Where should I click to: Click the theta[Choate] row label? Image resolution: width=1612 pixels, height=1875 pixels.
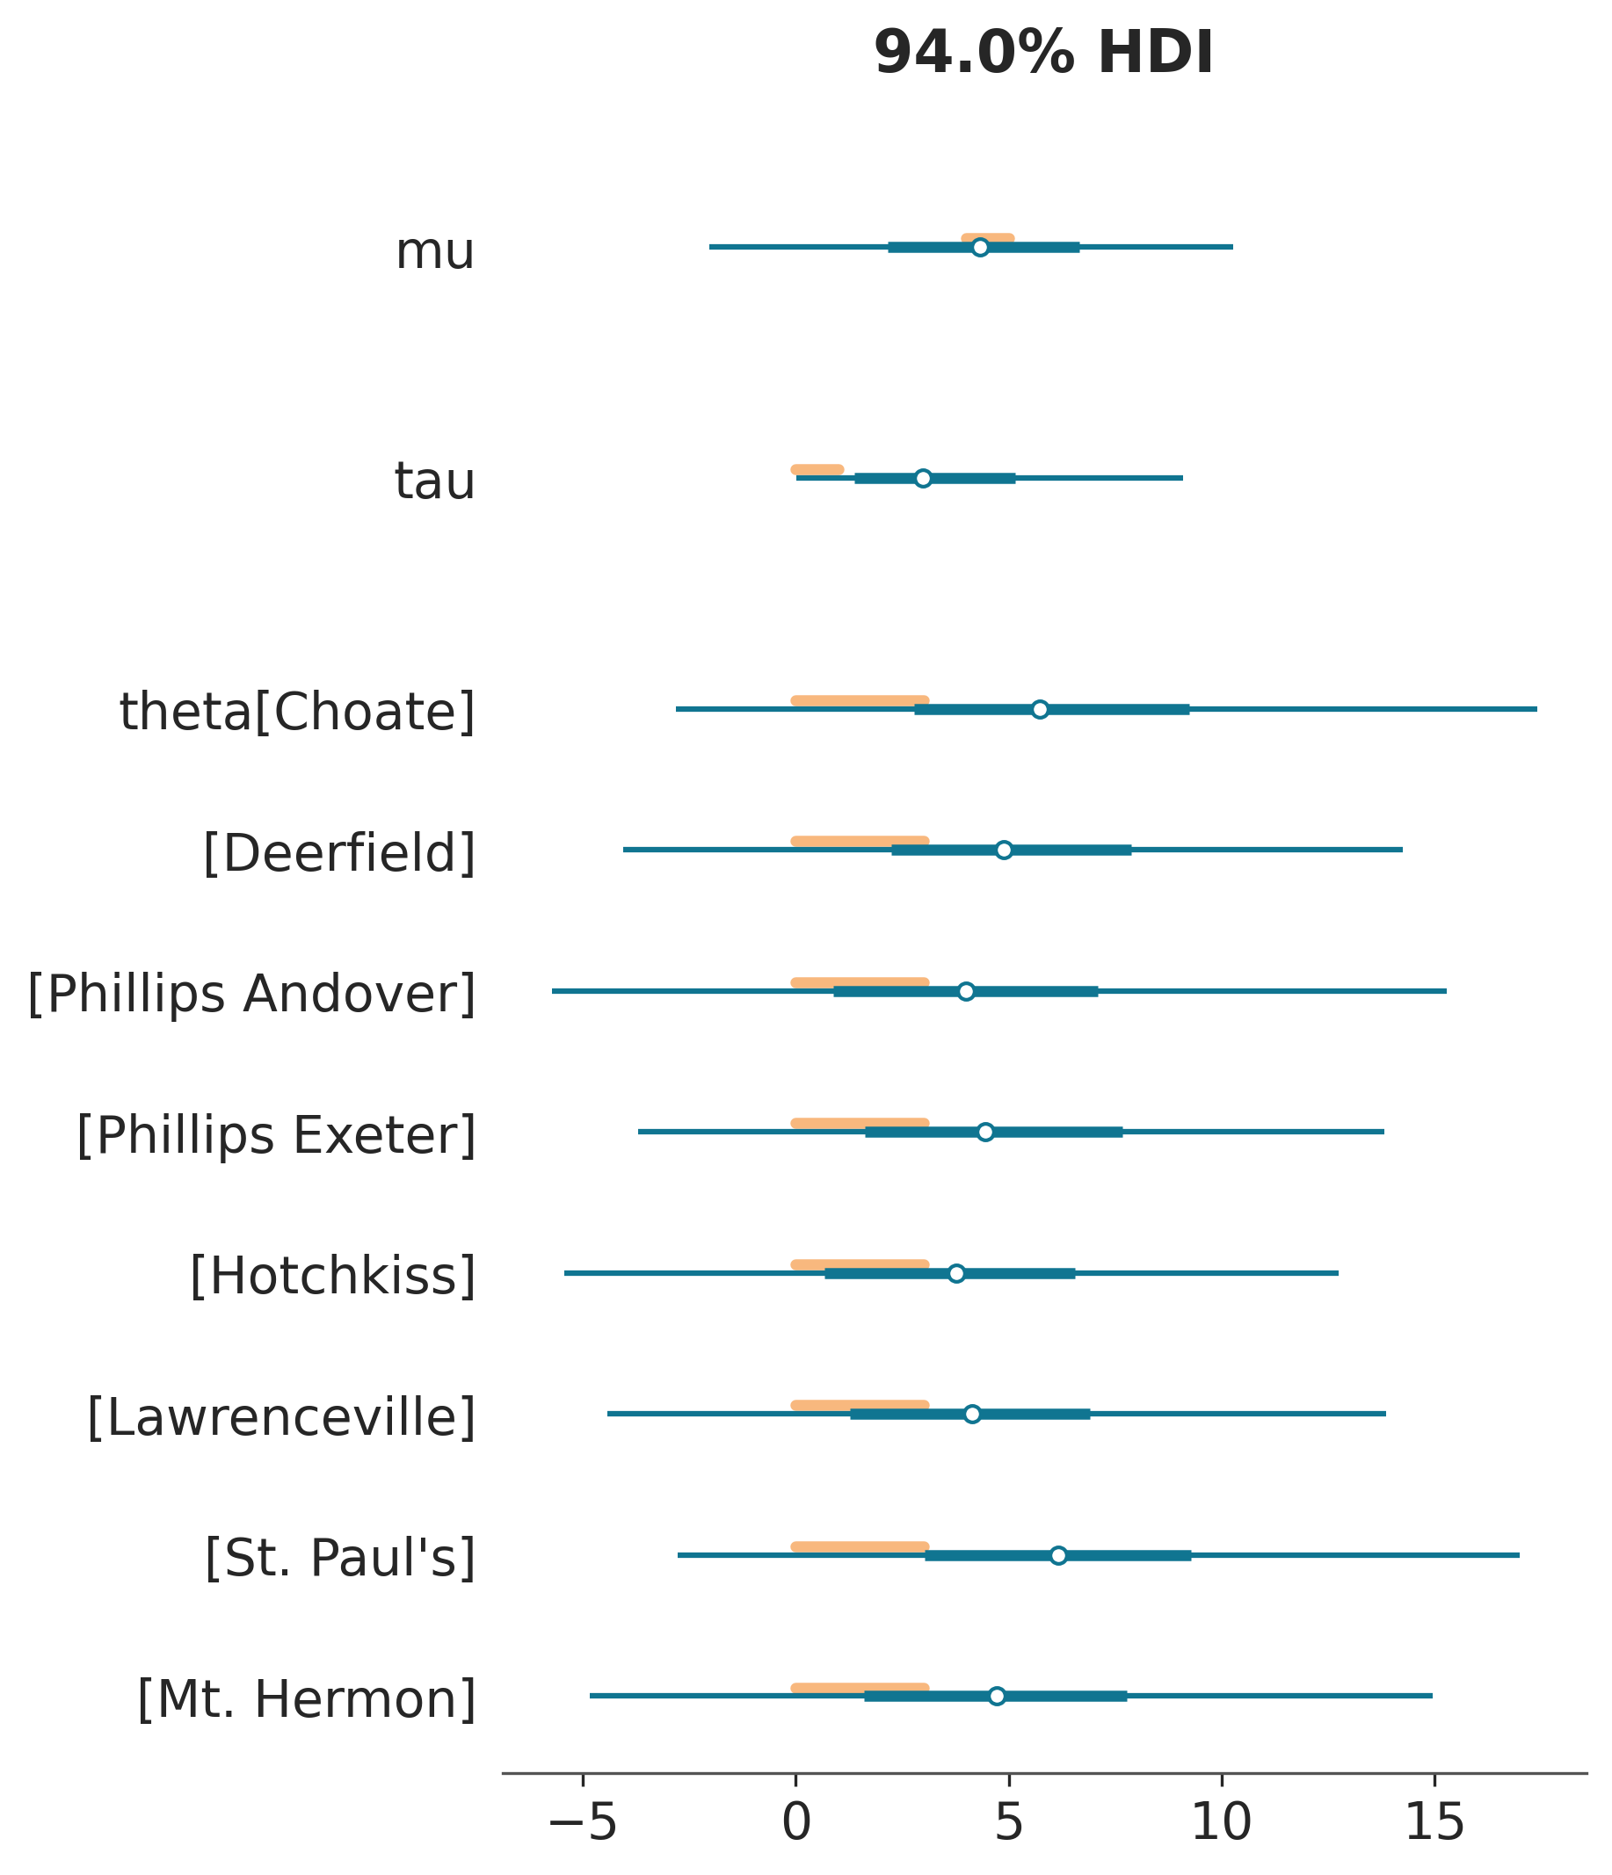(x=297, y=713)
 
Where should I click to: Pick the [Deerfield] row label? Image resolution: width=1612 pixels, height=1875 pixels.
(x=338, y=853)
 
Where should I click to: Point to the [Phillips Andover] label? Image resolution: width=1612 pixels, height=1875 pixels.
(x=251, y=995)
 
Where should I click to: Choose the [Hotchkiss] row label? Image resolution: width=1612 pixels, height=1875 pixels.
(x=332, y=1277)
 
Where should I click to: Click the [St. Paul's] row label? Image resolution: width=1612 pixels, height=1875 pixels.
(x=339, y=1559)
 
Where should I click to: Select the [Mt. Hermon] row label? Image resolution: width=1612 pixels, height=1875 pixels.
(x=306, y=1699)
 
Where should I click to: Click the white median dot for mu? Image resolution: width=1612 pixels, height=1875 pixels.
(x=979, y=248)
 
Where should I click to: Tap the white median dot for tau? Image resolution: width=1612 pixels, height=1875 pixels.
(x=922, y=479)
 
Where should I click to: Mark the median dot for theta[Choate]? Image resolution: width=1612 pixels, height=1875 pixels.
(x=1040, y=709)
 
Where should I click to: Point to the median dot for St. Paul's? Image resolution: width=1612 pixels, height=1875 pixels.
(x=1058, y=1555)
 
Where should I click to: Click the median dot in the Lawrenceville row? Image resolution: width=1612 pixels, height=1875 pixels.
(x=972, y=1415)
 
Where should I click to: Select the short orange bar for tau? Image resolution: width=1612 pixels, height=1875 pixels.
(x=817, y=470)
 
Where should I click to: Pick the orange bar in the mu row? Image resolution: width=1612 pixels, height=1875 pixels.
(x=987, y=238)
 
